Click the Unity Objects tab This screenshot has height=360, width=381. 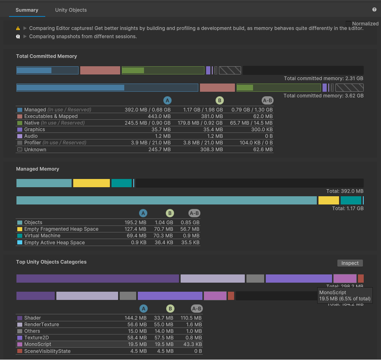pyautogui.click(x=71, y=10)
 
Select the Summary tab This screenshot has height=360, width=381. pyautogui.click(x=27, y=10)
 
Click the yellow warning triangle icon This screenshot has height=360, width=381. pyautogui.click(x=18, y=28)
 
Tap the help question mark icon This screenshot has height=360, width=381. pyautogui.click(x=374, y=9)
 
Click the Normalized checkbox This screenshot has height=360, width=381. pyautogui.click(x=348, y=23)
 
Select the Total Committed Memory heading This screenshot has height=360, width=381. pyautogui.click(x=46, y=56)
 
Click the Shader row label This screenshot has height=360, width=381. pyautogui.click(x=33, y=318)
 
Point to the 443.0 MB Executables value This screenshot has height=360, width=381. pyautogui.click(x=160, y=116)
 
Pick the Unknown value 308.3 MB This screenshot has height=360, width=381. pyautogui.click(x=212, y=150)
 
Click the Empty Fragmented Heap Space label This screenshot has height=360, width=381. pyautogui.click(x=61, y=229)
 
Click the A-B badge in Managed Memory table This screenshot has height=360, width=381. pyautogui.click(x=194, y=213)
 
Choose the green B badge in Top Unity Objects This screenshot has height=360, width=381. pyautogui.click(x=170, y=309)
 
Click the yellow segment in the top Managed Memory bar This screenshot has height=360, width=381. pyautogui.click(x=91, y=183)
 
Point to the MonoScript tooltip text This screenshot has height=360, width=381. pyautogui.click(x=345, y=295)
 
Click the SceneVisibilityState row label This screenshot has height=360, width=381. pyautogui.click(x=47, y=351)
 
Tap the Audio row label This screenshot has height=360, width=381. pyautogui.click(x=31, y=136)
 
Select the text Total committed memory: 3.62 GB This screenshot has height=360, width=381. pyautogui.click(x=323, y=96)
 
